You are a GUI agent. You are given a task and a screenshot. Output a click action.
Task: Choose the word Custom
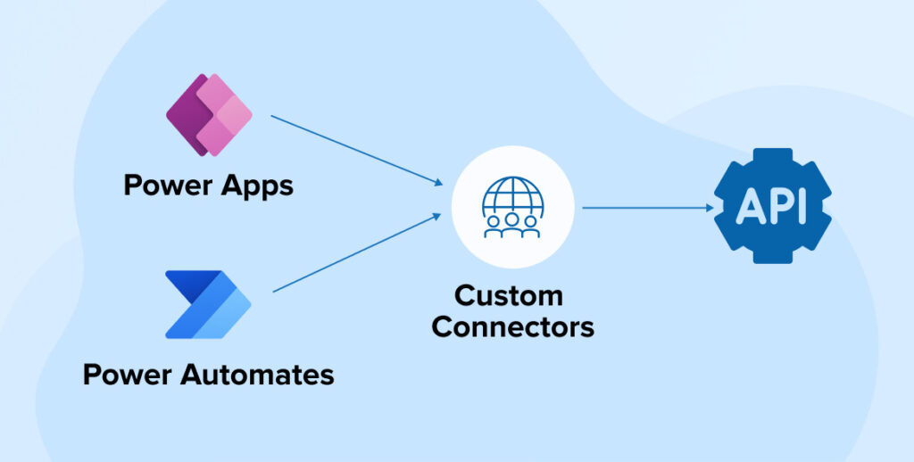(509, 295)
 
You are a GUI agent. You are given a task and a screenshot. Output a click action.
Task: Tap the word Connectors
(512, 326)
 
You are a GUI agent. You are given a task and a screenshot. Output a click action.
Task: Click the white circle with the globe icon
(511, 207)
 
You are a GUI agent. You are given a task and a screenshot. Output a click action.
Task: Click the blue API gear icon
(772, 206)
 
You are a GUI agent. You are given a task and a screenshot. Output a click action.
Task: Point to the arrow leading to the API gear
(647, 208)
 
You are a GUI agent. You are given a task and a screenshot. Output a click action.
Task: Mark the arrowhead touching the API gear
(710, 208)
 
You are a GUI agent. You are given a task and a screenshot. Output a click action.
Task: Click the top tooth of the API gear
(772, 154)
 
